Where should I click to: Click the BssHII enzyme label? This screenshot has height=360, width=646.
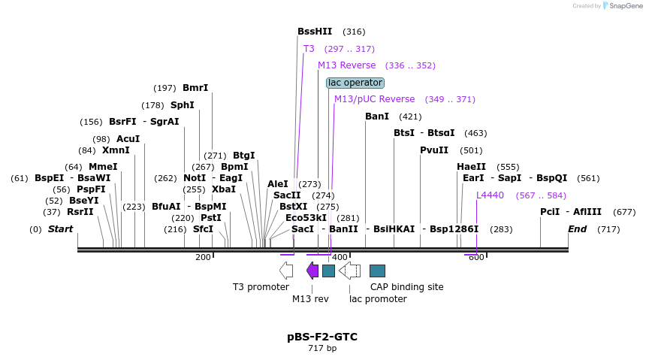click(x=315, y=32)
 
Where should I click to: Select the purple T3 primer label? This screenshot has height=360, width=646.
click(x=309, y=49)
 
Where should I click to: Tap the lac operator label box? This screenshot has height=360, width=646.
click(x=355, y=83)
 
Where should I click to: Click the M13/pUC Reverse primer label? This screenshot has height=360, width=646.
click(x=374, y=99)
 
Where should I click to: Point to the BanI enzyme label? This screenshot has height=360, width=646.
click(x=377, y=116)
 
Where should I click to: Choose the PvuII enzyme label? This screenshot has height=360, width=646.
click(x=434, y=150)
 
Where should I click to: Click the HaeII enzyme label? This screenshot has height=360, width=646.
click(x=471, y=167)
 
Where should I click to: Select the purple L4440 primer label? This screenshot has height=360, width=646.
click(x=490, y=195)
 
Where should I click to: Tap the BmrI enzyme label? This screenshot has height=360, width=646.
click(x=195, y=88)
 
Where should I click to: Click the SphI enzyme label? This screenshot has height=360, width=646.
click(x=183, y=105)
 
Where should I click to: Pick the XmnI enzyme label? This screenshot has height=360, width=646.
click(x=116, y=150)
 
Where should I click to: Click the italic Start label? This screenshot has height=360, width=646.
click(x=61, y=228)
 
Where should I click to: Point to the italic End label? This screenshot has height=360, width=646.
click(x=577, y=228)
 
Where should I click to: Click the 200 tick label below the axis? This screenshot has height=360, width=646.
click(x=203, y=258)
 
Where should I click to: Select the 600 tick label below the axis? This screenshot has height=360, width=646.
click(x=476, y=258)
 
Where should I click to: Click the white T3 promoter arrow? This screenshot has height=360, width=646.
click(x=286, y=271)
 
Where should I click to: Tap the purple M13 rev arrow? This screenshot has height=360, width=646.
click(x=312, y=271)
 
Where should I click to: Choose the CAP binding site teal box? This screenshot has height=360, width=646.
click(x=378, y=271)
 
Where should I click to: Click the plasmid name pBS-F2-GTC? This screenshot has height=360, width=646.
click(x=322, y=337)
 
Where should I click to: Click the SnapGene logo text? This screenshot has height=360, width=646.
click(x=624, y=6)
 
